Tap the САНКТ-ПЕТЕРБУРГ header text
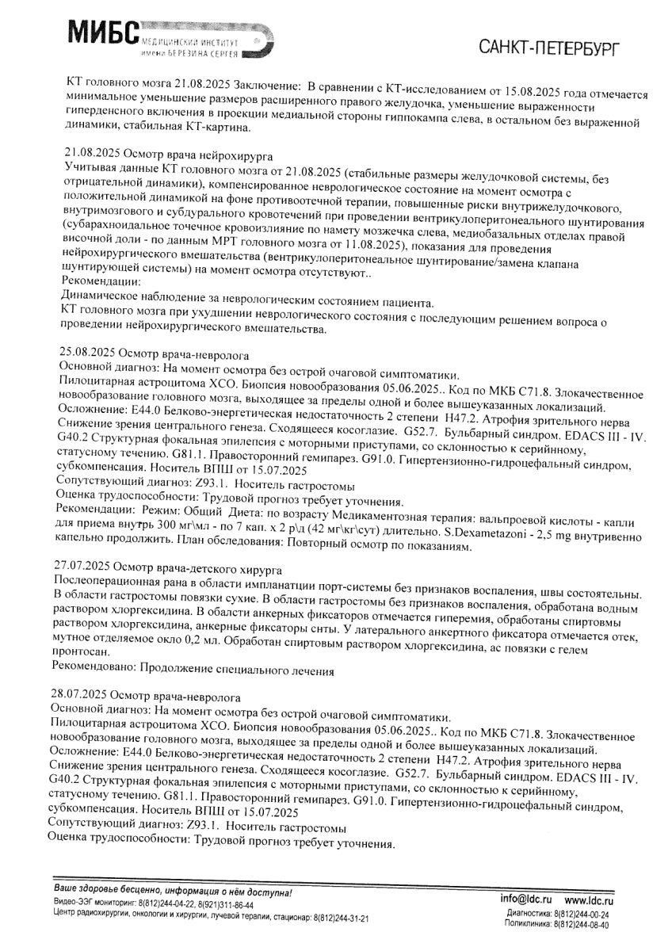pyautogui.click(x=549, y=48)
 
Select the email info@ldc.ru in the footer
pyautogui.click(x=529, y=902)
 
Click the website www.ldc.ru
pyautogui.click(x=591, y=902)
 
